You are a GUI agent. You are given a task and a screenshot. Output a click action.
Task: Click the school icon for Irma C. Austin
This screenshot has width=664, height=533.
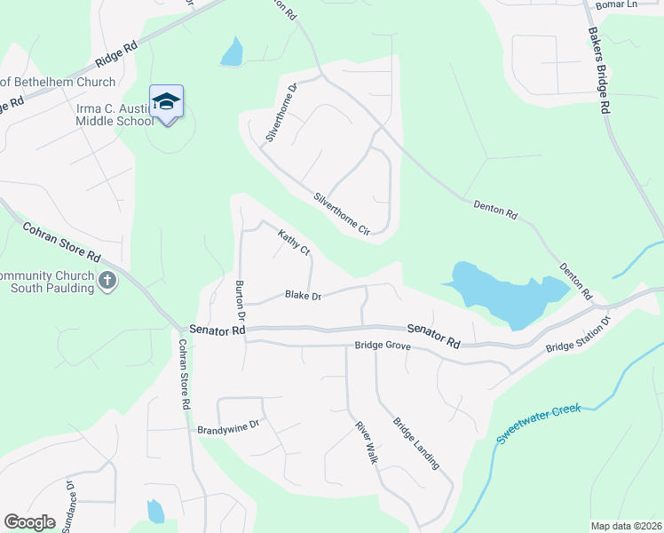click(x=166, y=101)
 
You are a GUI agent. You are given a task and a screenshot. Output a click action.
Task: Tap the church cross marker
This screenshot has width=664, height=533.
click(x=107, y=282)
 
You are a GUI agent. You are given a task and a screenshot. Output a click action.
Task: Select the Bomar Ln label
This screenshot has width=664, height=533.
click(x=617, y=5)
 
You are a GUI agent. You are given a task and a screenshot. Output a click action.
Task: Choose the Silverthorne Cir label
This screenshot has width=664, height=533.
click(x=342, y=213)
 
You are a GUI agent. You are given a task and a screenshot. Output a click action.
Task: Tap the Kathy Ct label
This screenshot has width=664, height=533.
click(x=294, y=243)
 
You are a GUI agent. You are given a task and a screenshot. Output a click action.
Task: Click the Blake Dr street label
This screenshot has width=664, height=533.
click(x=303, y=296)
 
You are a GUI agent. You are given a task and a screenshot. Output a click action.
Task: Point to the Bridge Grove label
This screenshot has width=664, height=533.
click(x=382, y=346)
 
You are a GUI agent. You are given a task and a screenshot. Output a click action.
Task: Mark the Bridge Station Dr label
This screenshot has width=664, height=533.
click(x=579, y=334)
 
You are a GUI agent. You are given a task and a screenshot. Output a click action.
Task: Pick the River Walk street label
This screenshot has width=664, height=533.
click(x=367, y=442)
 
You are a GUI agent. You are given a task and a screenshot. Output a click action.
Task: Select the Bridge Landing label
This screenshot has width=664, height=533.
click(x=416, y=443)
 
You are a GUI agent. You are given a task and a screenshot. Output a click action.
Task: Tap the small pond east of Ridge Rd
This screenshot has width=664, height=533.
click(x=233, y=52)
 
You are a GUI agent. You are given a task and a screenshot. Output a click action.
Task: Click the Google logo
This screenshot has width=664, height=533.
click(x=29, y=522)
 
